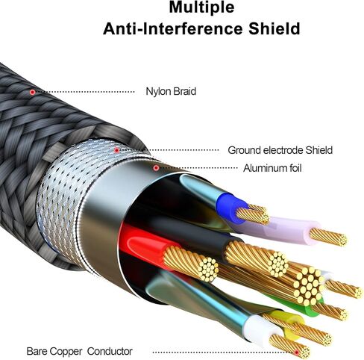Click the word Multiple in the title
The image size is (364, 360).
point(201,7)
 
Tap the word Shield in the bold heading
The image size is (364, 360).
point(274,28)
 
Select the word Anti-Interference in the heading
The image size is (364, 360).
point(173,28)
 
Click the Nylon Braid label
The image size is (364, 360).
point(171,91)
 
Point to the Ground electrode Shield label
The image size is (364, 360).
point(280,150)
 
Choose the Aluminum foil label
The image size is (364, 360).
point(272,168)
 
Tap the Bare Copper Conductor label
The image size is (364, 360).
point(79,351)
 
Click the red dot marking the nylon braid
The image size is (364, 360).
point(32,92)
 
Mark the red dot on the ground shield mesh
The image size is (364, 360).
point(116,150)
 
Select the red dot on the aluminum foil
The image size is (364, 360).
point(156,168)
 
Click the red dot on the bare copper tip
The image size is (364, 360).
point(296,352)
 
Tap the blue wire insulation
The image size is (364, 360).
point(229,205)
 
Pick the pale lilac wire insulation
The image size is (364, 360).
point(289,226)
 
